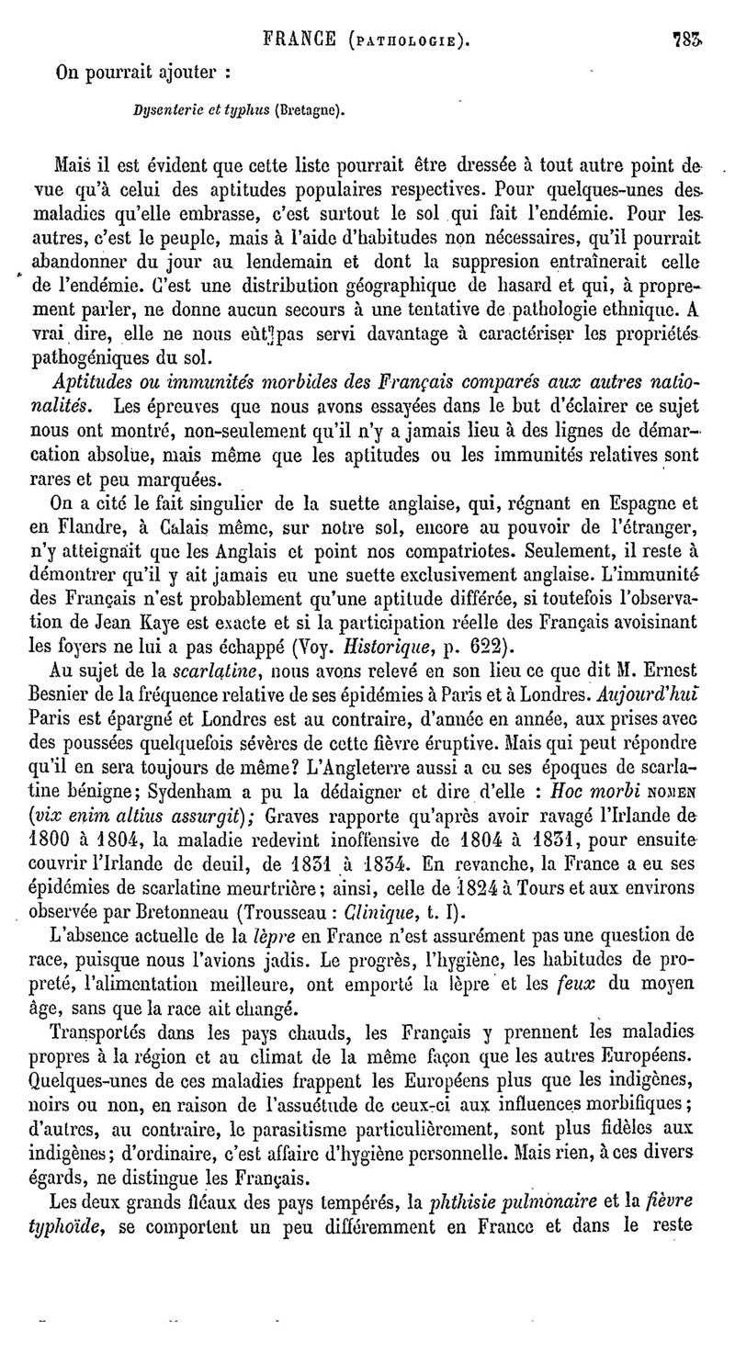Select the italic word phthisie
point(465,1200)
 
